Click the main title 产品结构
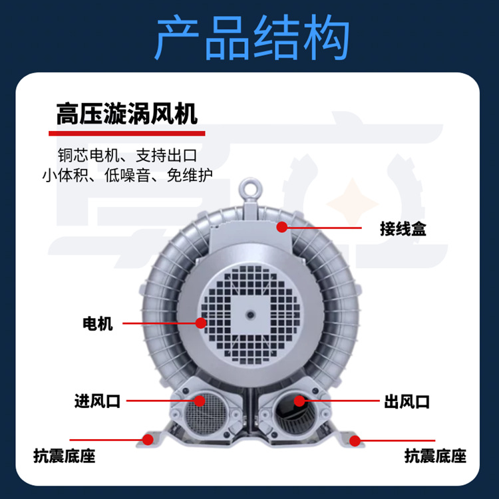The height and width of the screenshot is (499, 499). point(252,37)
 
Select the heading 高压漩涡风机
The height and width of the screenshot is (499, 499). point(127,114)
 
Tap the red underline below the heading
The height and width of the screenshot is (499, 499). point(126,133)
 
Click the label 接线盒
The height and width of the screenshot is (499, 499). point(403,228)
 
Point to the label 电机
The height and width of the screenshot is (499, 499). point(98,323)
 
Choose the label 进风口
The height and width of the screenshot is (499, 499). point(97,401)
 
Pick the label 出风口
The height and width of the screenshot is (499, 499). point(407,401)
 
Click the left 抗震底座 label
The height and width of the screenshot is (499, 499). point(65,456)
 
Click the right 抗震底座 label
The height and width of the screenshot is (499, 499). point(435,456)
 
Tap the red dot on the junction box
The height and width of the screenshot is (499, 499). point(282,227)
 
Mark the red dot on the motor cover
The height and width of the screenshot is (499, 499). point(201,323)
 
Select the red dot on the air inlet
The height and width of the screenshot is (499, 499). point(200,401)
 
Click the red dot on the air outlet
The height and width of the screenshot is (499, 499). point(299,401)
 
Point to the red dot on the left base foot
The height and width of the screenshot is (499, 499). point(147,440)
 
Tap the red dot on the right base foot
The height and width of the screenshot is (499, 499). point(355,440)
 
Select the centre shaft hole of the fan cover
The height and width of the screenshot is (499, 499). point(250,315)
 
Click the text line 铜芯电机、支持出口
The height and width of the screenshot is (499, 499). point(127,155)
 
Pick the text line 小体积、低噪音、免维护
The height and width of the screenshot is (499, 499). point(127,175)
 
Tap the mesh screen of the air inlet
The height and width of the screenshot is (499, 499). point(206,414)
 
